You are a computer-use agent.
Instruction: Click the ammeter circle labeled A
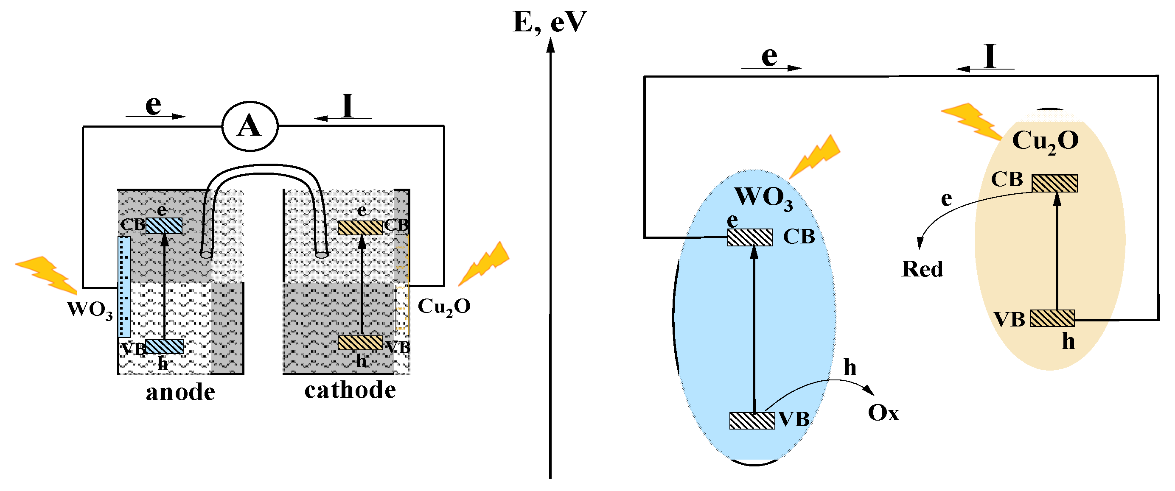coord(250,126)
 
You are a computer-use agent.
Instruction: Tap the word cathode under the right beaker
coord(351,391)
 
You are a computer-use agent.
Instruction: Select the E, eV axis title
coord(550,22)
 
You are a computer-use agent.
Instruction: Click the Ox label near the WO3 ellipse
coord(883,413)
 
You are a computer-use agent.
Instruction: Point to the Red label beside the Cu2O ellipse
coord(922,269)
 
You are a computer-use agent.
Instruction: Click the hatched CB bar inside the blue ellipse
coord(750,237)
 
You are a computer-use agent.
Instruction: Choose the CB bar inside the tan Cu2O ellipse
coord(1054,183)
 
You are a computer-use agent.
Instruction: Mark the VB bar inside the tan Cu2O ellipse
coord(1052,318)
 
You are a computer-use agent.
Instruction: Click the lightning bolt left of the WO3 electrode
coord(47,273)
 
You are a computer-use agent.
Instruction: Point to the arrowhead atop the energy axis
coord(550,45)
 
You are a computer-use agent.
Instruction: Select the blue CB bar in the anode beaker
coord(164,225)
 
